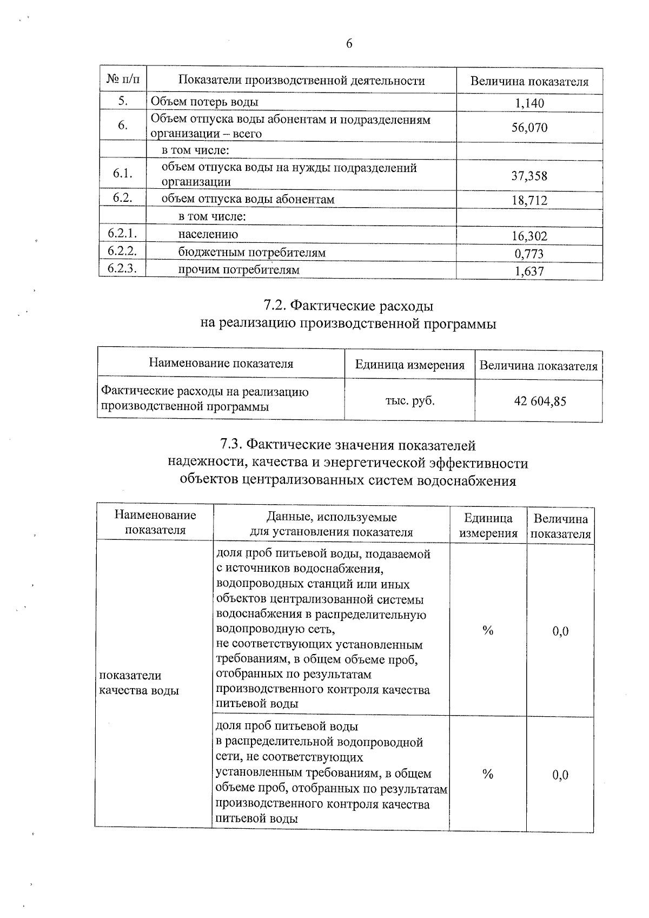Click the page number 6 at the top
[349, 44]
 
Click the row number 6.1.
[123, 174]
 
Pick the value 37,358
[529, 176]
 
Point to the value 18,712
[529, 201]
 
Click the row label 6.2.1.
[122, 234]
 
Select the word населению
[208, 234]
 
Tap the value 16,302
[529, 236]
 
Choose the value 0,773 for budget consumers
[529, 254]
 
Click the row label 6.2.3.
[122, 269]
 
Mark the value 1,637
[529, 272]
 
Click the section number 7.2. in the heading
[275, 306]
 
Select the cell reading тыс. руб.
[409, 401]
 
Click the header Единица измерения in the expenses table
[409, 365]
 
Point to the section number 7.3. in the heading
[231, 445]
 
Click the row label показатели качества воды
[138, 683]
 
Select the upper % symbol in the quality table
[488, 631]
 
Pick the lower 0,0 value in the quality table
[560, 775]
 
